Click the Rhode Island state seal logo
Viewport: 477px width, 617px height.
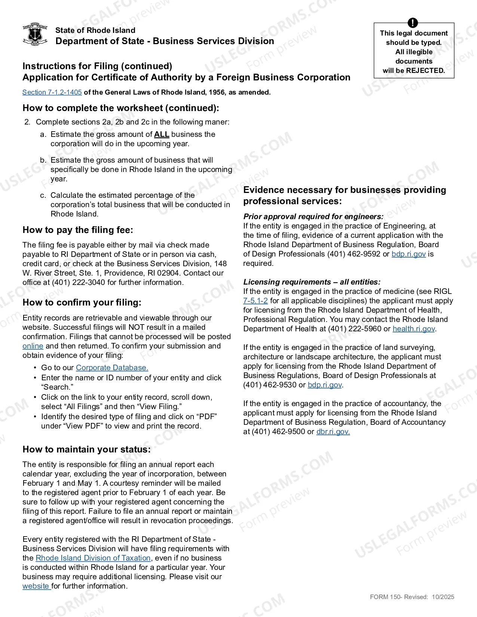pos(35,34)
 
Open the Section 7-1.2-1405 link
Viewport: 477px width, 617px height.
pos(52,92)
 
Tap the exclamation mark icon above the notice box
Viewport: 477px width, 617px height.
pos(413,23)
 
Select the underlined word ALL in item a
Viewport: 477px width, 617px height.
pos(162,134)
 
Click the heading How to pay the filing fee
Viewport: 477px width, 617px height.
pos(78,230)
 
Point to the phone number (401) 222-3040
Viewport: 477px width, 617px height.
pos(79,282)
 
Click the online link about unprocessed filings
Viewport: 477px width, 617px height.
pos(33,346)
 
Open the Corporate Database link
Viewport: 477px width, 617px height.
pos(112,368)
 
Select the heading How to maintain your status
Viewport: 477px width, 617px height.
pos(86,449)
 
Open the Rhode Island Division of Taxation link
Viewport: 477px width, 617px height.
pos(93,558)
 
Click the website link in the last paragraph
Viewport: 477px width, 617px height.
pos(36,586)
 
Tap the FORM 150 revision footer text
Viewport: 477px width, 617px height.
pos(412,597)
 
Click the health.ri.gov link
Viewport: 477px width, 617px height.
pos(414,329)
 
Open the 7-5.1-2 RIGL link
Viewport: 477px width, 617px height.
pos(256,301)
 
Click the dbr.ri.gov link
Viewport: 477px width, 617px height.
pos(333,432)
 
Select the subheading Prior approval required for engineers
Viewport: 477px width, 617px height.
pos(313,217)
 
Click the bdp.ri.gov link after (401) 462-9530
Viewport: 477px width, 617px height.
pos(324,385)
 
